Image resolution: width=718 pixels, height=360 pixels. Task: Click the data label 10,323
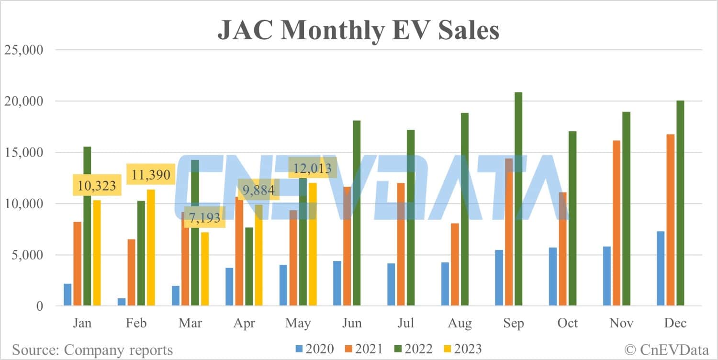coord(97,186)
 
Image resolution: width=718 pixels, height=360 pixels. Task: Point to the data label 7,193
coord(204,218)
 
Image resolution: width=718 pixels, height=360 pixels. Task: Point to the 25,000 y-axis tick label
coord(23,50)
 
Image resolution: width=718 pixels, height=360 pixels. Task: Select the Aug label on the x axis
coord(460,323)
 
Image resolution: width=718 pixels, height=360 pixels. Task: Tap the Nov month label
coord(621,323)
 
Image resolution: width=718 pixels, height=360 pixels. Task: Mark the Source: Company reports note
coord(92,349)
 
